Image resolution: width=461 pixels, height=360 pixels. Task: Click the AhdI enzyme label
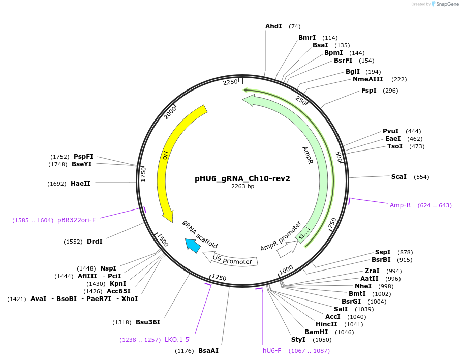(x=273, y=26)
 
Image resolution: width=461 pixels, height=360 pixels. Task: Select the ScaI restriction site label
(x=398, y=177)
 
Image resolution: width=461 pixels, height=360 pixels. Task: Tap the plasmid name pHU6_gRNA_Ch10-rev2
(x=242, y=178)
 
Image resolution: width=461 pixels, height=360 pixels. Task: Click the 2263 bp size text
(x=242, y=186)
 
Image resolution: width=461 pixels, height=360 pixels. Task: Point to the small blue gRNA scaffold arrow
(x=193, y=246)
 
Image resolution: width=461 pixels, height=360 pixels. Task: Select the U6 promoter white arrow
(x=232, y=261)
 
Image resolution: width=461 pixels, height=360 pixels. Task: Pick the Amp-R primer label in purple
(x=400, y=205)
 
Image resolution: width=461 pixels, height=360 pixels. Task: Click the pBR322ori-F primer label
(x=76, y=220)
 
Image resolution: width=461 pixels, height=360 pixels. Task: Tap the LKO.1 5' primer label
(x=177, y=340)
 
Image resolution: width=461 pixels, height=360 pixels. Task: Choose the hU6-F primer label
(x=272, y=351)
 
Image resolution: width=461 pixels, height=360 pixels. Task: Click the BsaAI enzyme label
(x=208, y=351)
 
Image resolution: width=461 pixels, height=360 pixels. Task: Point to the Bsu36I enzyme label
(x=148, y=322)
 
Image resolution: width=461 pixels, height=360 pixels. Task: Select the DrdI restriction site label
(x=95, y=242)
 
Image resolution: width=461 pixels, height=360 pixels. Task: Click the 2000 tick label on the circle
(x=170, y=112)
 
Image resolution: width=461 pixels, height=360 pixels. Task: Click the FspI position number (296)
(x=391, y=91)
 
